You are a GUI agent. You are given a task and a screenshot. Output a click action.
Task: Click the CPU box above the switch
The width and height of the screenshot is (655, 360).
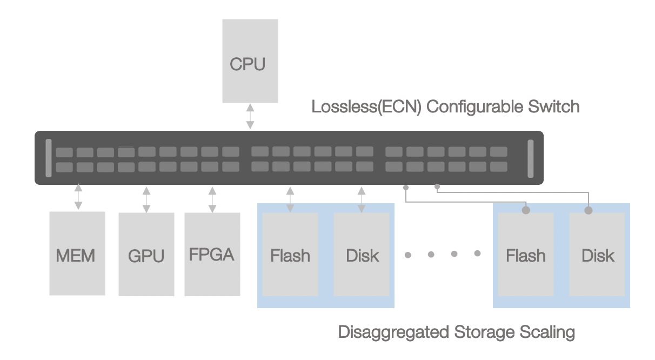pyautogui.click(x=250, y=61)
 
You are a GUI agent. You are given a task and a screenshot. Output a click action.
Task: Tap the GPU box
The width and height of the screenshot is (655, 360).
pyautogui.click(x=146, y=254)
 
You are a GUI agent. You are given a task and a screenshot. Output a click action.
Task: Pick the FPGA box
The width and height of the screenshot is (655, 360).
pyautogui.click(x=212, y=254)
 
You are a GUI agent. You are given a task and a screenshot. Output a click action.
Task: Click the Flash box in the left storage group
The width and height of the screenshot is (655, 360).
pyautogui.click(x=290, y=254)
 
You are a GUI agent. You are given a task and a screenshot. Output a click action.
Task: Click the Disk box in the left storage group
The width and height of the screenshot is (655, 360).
pyautogui.click(x=362, y=254)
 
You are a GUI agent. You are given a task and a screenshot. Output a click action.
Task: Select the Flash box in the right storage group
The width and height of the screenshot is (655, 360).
pyautogui.click(x=525, y=254)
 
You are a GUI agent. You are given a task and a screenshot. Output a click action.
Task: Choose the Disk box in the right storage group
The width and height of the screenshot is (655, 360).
pyautogui.click(x=597, y=254)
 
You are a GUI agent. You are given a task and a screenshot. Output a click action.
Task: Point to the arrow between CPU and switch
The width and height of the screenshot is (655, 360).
pyautogui.click(x=250, y=117)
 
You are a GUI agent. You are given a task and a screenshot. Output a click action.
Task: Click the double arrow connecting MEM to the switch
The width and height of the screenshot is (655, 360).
pyautogui.click(x=78, y=197)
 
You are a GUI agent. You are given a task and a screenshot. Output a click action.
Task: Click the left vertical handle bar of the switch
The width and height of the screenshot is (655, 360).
pyautogui.click(x=49, y=158)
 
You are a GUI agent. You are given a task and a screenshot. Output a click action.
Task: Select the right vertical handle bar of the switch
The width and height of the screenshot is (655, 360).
pyautogui.click(x=530, y=158)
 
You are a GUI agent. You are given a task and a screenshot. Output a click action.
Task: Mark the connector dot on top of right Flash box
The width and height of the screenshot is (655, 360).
pyautogui.click(x=525, y=210)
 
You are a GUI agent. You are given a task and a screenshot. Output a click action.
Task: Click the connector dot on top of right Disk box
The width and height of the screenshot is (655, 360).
pyautogui.click(x=589, y=210)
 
